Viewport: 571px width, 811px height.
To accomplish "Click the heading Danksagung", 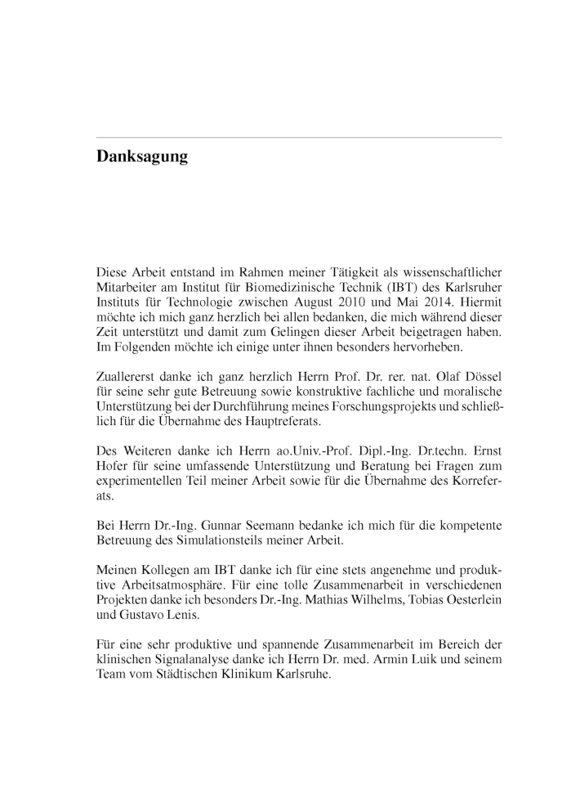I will [x=142, y=156].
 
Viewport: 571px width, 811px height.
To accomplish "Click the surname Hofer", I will [x=114, y=464].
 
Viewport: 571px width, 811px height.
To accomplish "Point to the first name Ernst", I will [x=484, y=449].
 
